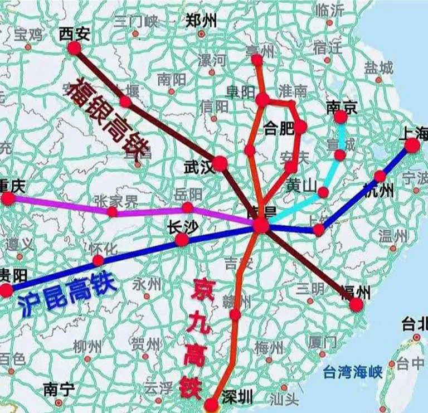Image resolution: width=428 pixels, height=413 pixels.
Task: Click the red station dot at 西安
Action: [x=74, y=48]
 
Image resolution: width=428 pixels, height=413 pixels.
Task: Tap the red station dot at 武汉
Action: [x=220, y=163]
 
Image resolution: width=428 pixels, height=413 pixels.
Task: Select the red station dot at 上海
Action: [x=412, y=145]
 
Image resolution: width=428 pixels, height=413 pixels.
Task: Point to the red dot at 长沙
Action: [x=182, y=240]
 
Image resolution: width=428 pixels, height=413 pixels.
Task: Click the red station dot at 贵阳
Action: [x=6, y=290]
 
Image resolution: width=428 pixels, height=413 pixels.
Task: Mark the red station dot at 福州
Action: [x=357, y=304]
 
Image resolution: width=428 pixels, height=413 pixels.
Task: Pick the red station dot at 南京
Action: [x=341, y=117]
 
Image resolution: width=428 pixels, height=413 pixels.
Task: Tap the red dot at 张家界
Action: [x=113, y=212]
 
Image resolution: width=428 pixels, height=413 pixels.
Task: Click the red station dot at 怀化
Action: [x=98, y=260]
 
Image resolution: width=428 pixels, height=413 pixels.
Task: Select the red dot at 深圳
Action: [x=211, y=404]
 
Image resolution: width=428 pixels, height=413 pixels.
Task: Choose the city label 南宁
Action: [x=58, y=389]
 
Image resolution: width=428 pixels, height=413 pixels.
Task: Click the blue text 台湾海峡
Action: [x=355, y=372]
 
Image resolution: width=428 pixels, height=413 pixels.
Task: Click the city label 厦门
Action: [x=323, y=341]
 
